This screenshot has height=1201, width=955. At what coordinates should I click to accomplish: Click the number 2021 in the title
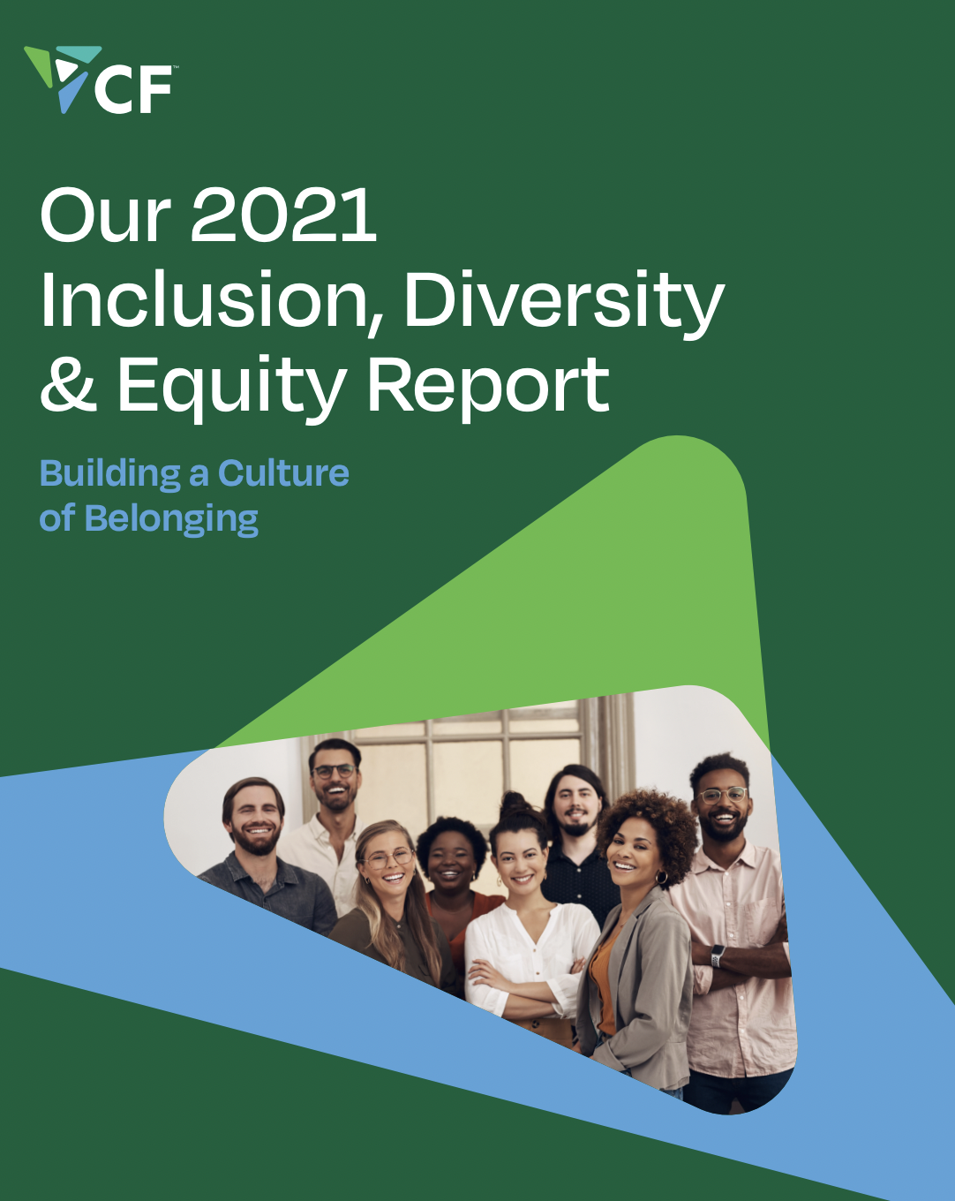[283, 215]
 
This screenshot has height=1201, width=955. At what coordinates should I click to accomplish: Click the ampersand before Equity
[68, 384]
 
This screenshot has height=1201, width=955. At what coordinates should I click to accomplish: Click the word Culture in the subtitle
[283, 473]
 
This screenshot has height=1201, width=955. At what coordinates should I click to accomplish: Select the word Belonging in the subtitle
[171, 519]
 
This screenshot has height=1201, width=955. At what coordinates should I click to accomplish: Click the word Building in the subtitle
[110, 474]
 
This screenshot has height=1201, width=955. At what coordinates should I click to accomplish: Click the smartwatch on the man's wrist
[717, 956]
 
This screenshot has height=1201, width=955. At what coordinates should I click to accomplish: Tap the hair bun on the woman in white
[515, 804]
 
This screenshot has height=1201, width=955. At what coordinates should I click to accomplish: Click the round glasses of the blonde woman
[388, 858]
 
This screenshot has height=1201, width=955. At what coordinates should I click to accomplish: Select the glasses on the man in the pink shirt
[724, 795]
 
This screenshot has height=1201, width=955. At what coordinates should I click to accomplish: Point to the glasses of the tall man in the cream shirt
[335, 772]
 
